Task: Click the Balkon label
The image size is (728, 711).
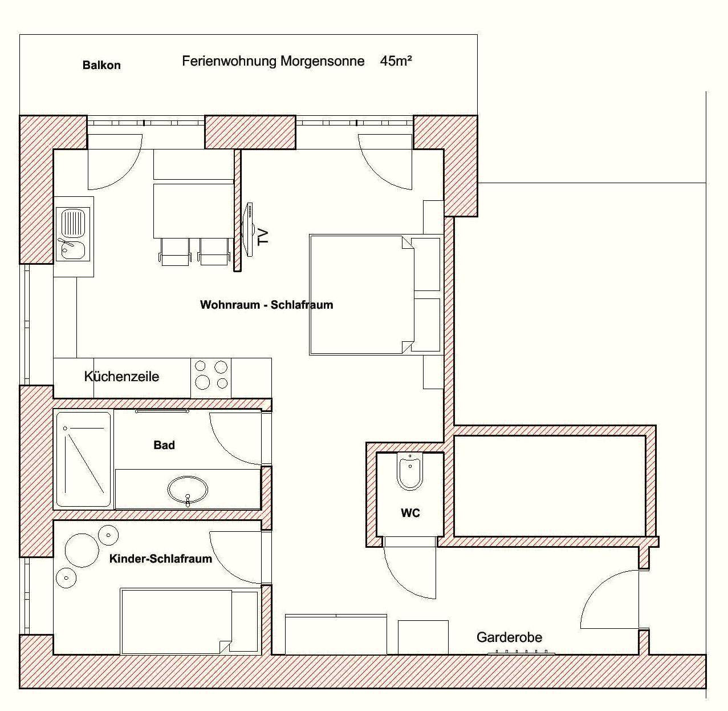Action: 101,65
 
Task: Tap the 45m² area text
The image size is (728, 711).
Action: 396,60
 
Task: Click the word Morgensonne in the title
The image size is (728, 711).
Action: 323,61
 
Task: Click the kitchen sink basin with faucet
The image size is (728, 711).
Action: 73,234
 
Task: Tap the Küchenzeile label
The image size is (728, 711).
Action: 121,376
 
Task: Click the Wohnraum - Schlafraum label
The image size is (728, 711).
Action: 266,304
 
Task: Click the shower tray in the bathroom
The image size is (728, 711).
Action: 83,459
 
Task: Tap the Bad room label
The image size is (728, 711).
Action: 164,445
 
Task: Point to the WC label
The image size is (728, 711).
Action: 410,513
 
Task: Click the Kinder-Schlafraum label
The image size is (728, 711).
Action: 161,559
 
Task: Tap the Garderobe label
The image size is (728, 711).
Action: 509,637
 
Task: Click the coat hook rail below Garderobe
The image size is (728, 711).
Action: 520,653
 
